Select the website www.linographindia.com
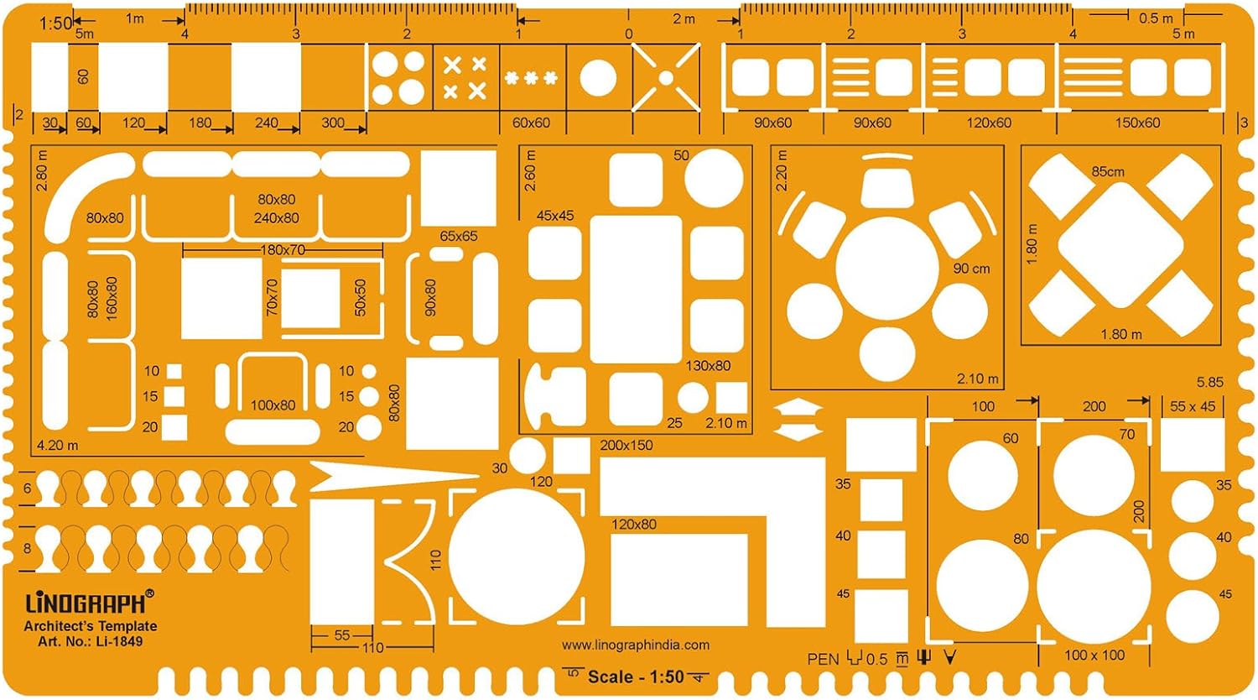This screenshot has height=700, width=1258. click(636, 645)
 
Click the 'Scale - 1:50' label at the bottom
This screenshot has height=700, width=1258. click(636, 676)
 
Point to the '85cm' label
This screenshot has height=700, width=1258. click(1108, 171)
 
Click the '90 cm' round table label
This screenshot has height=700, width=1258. click(971, 269)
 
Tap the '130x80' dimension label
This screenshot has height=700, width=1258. click(708, 365)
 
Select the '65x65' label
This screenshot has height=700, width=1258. click(459, 236)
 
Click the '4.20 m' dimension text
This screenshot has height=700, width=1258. click(57, 445)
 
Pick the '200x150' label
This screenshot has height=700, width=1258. click(626, 445)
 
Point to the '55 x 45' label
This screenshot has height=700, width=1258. click(1193, 406)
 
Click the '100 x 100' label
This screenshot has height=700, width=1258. click(1094, 655)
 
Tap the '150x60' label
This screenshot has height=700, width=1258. click(1137, 123)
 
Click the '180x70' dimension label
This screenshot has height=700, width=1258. click(283, 250)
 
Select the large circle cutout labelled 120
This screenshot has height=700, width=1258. click(517, 556)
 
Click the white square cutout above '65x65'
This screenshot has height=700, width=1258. click(458, 188)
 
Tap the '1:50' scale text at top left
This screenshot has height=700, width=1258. click(55, 24)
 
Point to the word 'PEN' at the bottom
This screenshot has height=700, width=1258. click(823, 659)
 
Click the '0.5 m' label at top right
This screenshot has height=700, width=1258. click(1156, 18)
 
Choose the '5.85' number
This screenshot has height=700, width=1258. click(1209, 382)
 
